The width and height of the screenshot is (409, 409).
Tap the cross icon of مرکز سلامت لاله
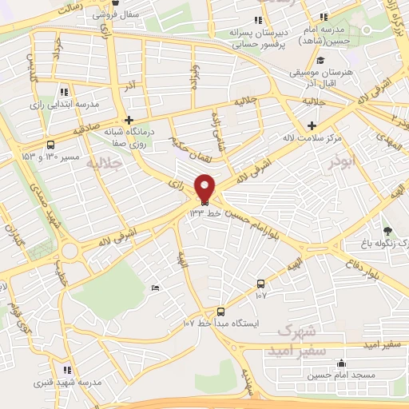click(312, 126)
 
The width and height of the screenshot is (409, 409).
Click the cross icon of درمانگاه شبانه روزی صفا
click(129, 120)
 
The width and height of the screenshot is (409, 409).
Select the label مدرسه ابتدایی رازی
click(64, 105)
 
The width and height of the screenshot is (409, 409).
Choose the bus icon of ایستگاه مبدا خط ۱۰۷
click(221, 312)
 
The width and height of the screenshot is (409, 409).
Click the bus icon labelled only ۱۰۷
click(261, 284)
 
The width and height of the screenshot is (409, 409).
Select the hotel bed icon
click(155, 288)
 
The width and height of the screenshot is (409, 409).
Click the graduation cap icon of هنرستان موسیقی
click(320, 61)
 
